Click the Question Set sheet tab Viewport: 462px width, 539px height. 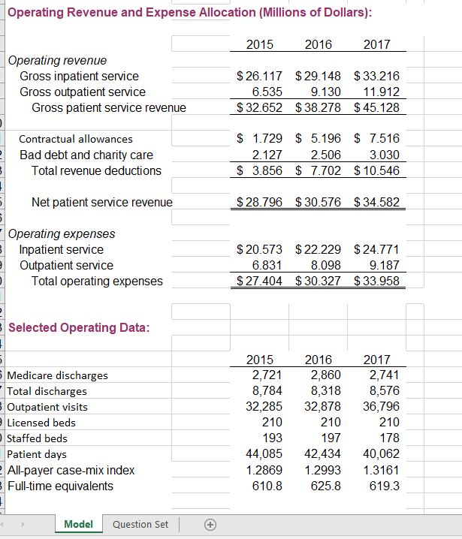tap(140, 524)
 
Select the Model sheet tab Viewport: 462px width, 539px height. tap(79, 524)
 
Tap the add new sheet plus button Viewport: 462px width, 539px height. tap(211, 524)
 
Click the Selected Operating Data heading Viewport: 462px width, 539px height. tap(78, 327)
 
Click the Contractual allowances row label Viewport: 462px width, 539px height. tap(75, 139)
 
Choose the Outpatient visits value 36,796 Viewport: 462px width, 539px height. tap(382, 406)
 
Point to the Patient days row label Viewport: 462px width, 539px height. tap(37, 454)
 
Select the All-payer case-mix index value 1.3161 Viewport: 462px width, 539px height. tap(382, 469)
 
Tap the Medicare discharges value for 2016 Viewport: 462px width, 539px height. tap(325, 375)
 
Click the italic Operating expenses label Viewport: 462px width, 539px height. tap(62, 233)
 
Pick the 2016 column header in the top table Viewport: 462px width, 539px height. tap(319, 44)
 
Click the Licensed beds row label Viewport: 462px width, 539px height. tap(41, 423)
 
